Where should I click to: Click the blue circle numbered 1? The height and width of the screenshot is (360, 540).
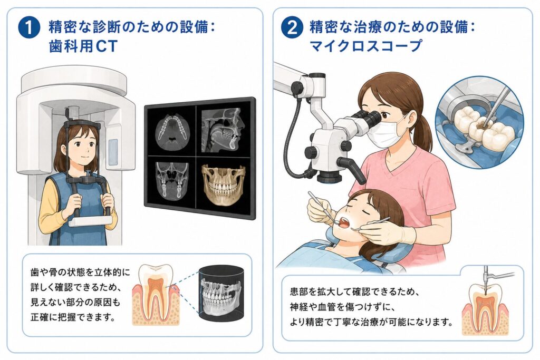coord(29,28)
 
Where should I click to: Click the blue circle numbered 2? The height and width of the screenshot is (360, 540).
coord(292,28)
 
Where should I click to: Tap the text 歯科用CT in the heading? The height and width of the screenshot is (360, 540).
coord(83,46)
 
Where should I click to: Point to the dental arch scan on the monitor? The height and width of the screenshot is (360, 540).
coord(172,130)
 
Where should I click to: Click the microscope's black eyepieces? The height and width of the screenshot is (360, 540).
coord(365,119)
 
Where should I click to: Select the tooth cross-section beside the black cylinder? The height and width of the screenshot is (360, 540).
coord(157,295)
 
